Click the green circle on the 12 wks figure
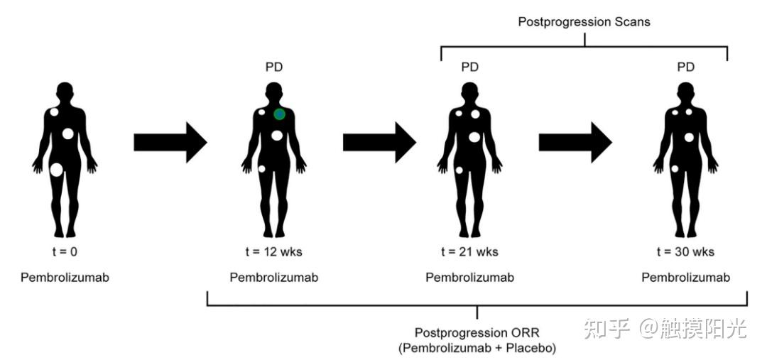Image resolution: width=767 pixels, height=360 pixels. tap(279, 114)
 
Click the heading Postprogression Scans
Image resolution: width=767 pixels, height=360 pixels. tap(584, 22)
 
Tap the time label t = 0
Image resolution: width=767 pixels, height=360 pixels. tap(65, 252)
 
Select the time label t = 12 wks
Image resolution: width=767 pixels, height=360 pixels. tap(274, 252)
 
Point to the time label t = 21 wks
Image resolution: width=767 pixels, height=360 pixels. tap(469, 252)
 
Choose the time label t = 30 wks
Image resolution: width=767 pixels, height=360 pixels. tap(685, 252)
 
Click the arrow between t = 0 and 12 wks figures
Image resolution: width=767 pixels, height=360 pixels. tap(170, 142)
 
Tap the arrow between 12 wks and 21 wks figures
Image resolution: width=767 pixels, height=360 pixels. tap(379, 142)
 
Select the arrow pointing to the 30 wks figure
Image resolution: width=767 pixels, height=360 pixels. tap(576, 142)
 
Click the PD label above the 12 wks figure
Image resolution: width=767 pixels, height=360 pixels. tap(274, 67)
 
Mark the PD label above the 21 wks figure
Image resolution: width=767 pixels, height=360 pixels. tap(469, 67)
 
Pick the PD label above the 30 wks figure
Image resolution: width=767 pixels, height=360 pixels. tap(685, 67)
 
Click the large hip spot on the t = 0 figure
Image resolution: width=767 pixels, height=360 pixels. tap(56, 170)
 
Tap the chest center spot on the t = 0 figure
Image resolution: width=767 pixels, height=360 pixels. tap(68, 133)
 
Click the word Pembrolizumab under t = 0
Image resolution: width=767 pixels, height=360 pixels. tap(65, 278)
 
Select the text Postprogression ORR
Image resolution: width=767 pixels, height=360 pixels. tap(477, 333)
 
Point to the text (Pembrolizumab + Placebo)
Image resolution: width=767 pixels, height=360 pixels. tap(477, 349)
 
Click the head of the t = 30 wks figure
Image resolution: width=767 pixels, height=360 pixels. tap(685, 92)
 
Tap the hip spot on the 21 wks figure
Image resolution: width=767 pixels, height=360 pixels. tap(459, 170)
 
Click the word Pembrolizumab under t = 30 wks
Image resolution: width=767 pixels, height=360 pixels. tap(686, 278)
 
